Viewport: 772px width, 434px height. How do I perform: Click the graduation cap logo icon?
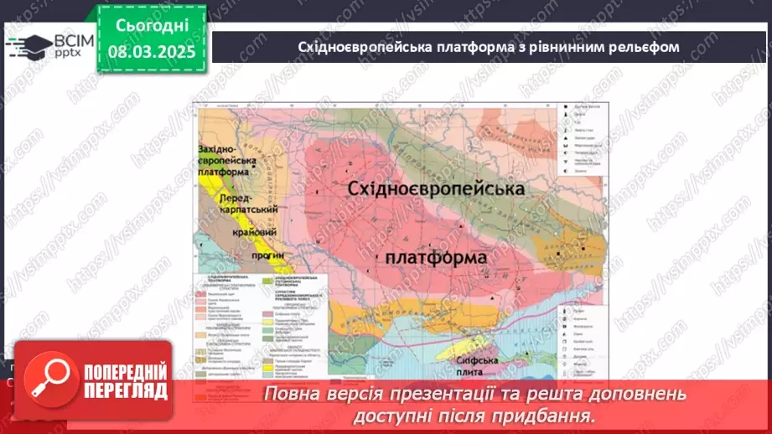tap(27, 45)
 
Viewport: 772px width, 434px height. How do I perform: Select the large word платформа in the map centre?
tap(436, 256)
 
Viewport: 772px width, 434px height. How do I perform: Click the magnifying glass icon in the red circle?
tap(57, 380)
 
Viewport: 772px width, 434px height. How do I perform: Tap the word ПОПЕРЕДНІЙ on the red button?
tap(124, 372)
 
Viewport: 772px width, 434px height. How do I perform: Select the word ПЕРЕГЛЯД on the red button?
tap(124, 390)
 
